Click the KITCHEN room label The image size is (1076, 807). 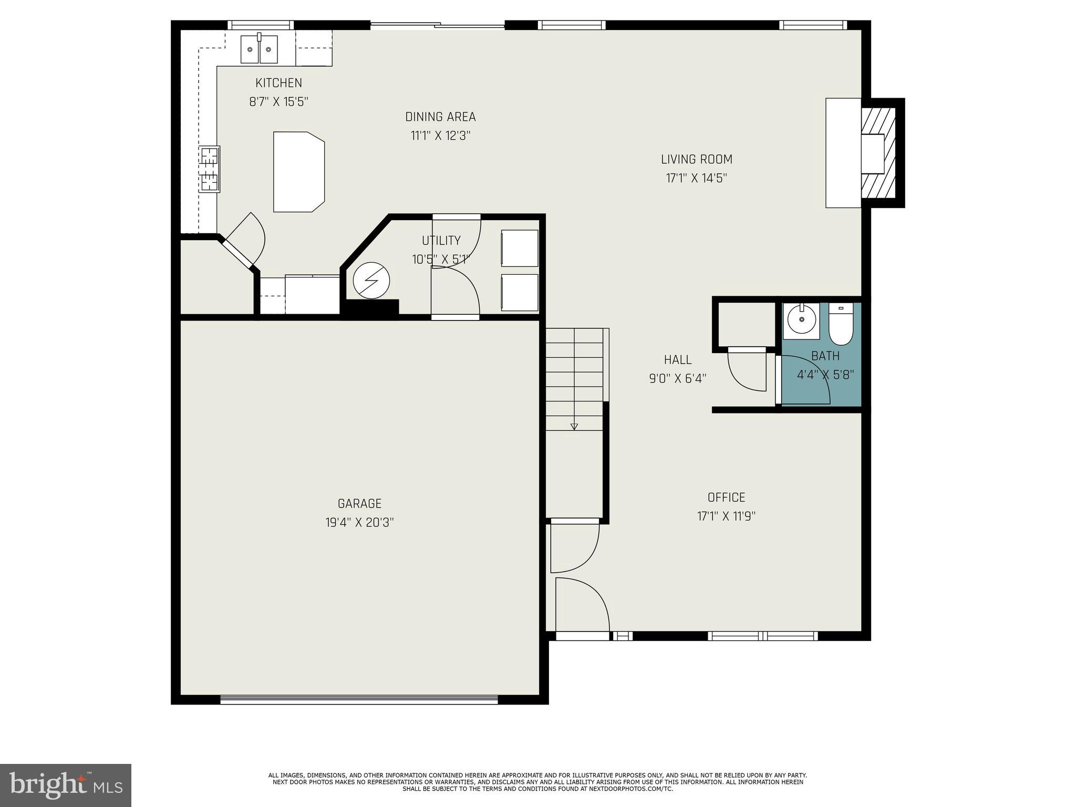tap(278, 83)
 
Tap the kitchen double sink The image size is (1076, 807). tap(260, 49)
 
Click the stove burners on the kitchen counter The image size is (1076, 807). tap(209, 169)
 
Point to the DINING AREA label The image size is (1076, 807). tap(440, 117)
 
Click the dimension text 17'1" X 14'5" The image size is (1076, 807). tap(696, 178)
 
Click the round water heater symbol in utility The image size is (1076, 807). tap(371, 281)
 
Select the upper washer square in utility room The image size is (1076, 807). tap(519, 248)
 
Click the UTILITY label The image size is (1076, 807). tap(441, 241)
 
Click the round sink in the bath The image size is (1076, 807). tap(801, 319)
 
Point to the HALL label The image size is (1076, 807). tap(677, 360)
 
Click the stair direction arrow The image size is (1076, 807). tap(574, 426)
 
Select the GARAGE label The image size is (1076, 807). tap(359, 504)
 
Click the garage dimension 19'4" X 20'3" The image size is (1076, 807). tap(359, 523)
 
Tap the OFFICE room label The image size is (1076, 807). tap(726, 498)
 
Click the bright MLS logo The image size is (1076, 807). tap(66, 785)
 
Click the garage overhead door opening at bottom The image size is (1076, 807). tap(359, 699)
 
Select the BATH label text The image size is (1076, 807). tap(825, 356)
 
